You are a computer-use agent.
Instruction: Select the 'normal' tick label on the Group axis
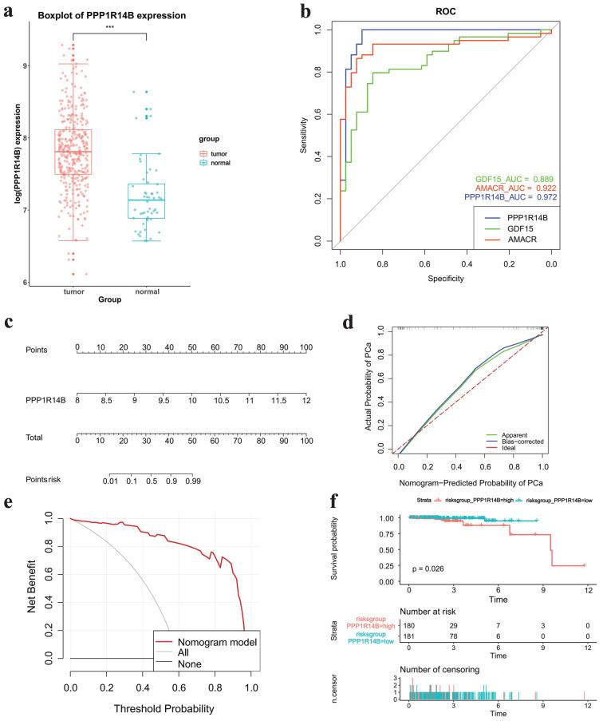pos(169,291)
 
